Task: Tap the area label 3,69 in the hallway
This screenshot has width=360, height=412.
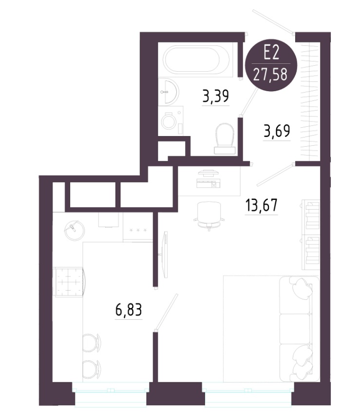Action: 277,131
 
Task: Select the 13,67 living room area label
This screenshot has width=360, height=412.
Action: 261,205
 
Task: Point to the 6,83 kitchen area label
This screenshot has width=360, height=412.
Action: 129,310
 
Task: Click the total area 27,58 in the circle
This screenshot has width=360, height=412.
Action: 271,75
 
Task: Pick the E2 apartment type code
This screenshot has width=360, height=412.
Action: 271,54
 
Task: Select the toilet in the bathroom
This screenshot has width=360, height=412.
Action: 224,138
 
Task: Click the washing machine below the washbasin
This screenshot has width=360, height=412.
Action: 171,121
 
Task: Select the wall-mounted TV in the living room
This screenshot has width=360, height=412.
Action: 165,255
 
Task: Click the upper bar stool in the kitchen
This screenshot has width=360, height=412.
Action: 92,342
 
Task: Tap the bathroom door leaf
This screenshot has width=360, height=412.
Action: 249,101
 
